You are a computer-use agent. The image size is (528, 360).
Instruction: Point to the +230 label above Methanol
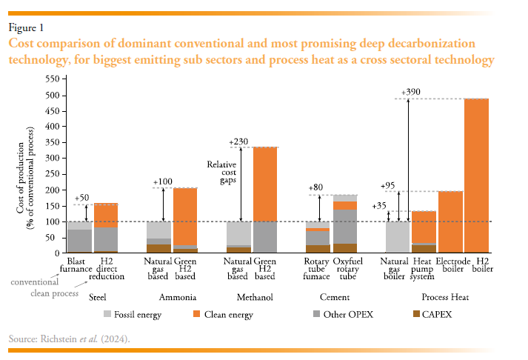pyautogui.click(x=239, y=141)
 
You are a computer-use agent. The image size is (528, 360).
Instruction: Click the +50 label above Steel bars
pyautogui.click(x=82, y=199)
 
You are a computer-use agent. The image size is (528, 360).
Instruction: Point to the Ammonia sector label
pyautogui.click(x=173, y=297)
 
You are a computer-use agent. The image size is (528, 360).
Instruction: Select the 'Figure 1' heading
pyautogui.click(x=26, y=27)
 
